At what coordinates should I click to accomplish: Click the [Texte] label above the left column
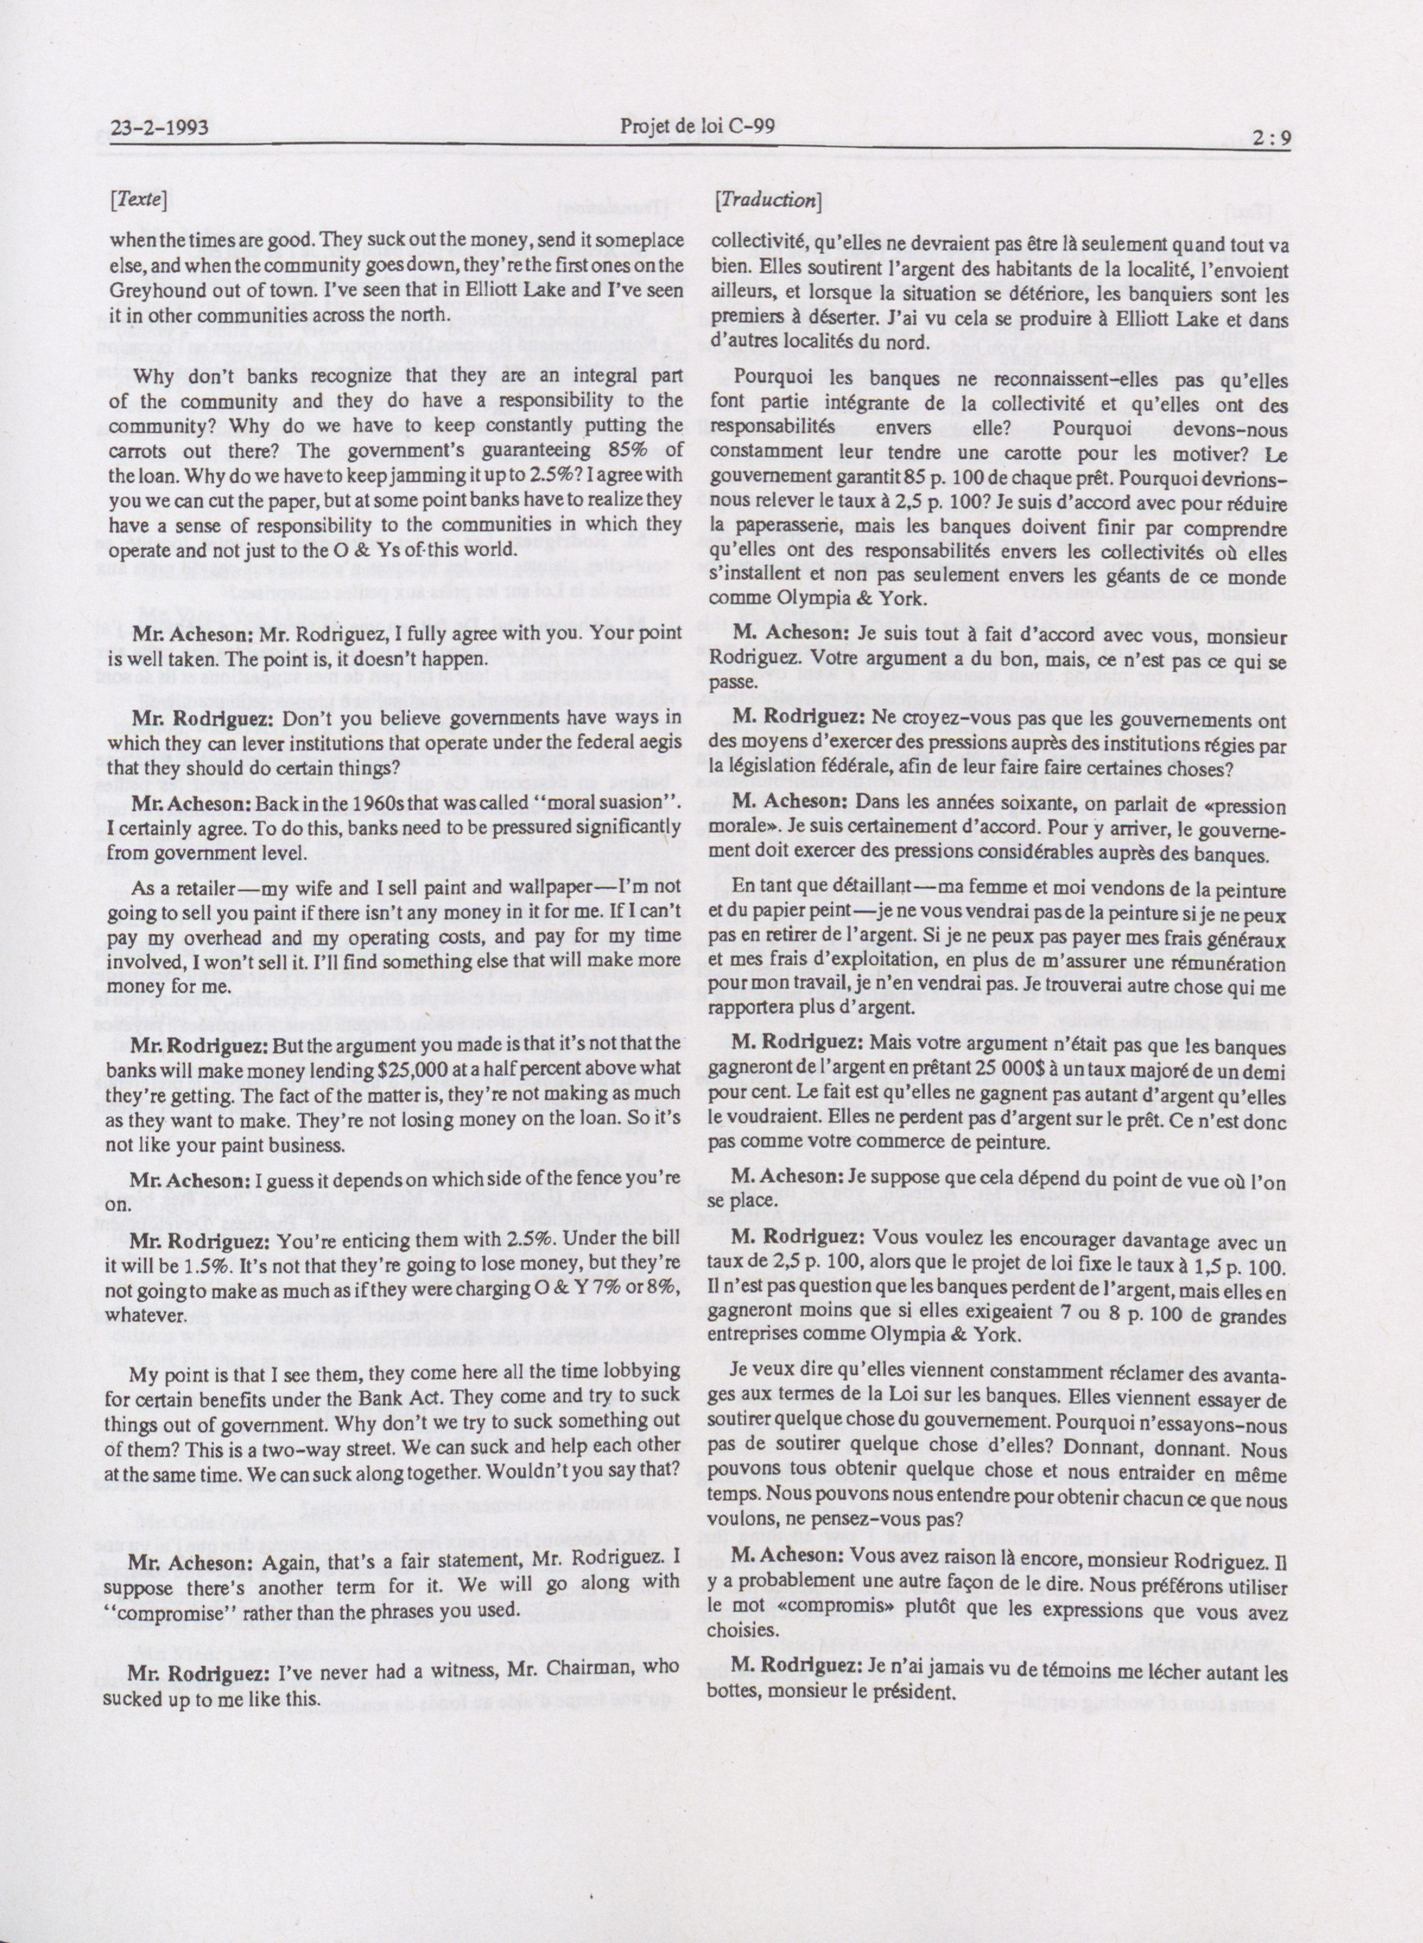[138, 201]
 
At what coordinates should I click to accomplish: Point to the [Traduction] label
[769, 201]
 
